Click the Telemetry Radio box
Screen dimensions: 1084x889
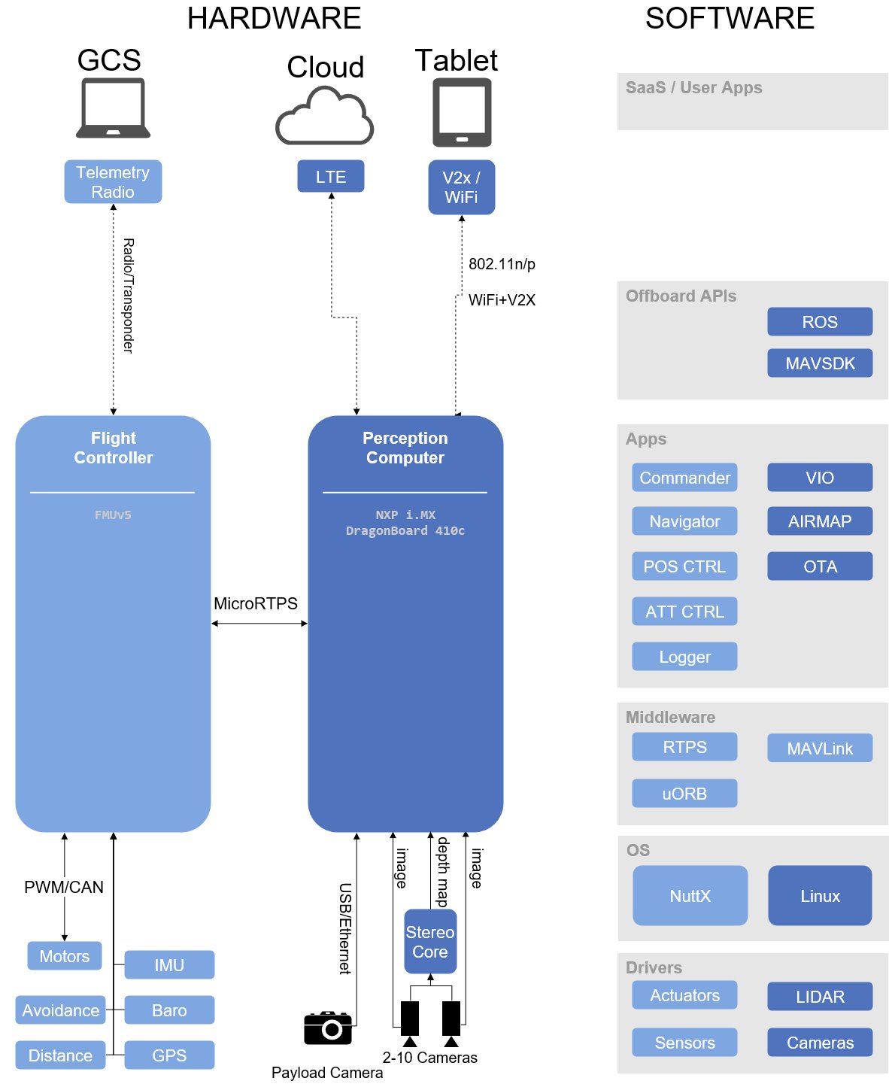click(113, 182)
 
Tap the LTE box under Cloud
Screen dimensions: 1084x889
click(331, 177)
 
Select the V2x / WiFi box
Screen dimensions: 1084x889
click(461, 187)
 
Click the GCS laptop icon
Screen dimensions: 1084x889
click(113, 109)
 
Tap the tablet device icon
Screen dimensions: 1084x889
click(462, 113)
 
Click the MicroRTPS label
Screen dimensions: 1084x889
click(256, 603)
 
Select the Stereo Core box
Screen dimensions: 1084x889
click(430, 942)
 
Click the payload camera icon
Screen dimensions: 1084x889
click(328, 1028)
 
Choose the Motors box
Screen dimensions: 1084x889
click(65, 956)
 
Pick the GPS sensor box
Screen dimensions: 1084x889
click(169, 1055)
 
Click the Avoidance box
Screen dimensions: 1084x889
click(60, 1010)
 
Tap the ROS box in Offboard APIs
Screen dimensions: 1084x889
click(820, 322)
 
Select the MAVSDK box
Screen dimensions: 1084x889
click(820, 363)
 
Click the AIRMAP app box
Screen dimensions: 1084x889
click(820, 521)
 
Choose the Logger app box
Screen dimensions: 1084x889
click(684, 657)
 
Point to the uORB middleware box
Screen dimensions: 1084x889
click(684, 794)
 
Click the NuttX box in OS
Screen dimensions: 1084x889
click(690, 896)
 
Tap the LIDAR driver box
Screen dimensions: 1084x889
click(820, 997)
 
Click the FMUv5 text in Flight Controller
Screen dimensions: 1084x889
click(113, 515)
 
